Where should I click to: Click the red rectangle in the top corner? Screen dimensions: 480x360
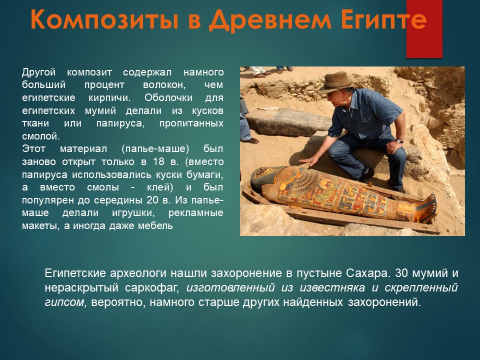[424, 29]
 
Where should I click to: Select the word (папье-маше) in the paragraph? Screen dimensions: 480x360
[155, 149]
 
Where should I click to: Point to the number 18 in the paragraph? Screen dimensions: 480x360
[158, 161]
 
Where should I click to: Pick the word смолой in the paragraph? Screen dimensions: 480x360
[40, 136]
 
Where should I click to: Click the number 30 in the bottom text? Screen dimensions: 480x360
[401, 273]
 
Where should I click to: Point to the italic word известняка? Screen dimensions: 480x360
[332, 288]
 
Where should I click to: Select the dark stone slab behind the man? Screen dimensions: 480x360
[288, 122]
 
